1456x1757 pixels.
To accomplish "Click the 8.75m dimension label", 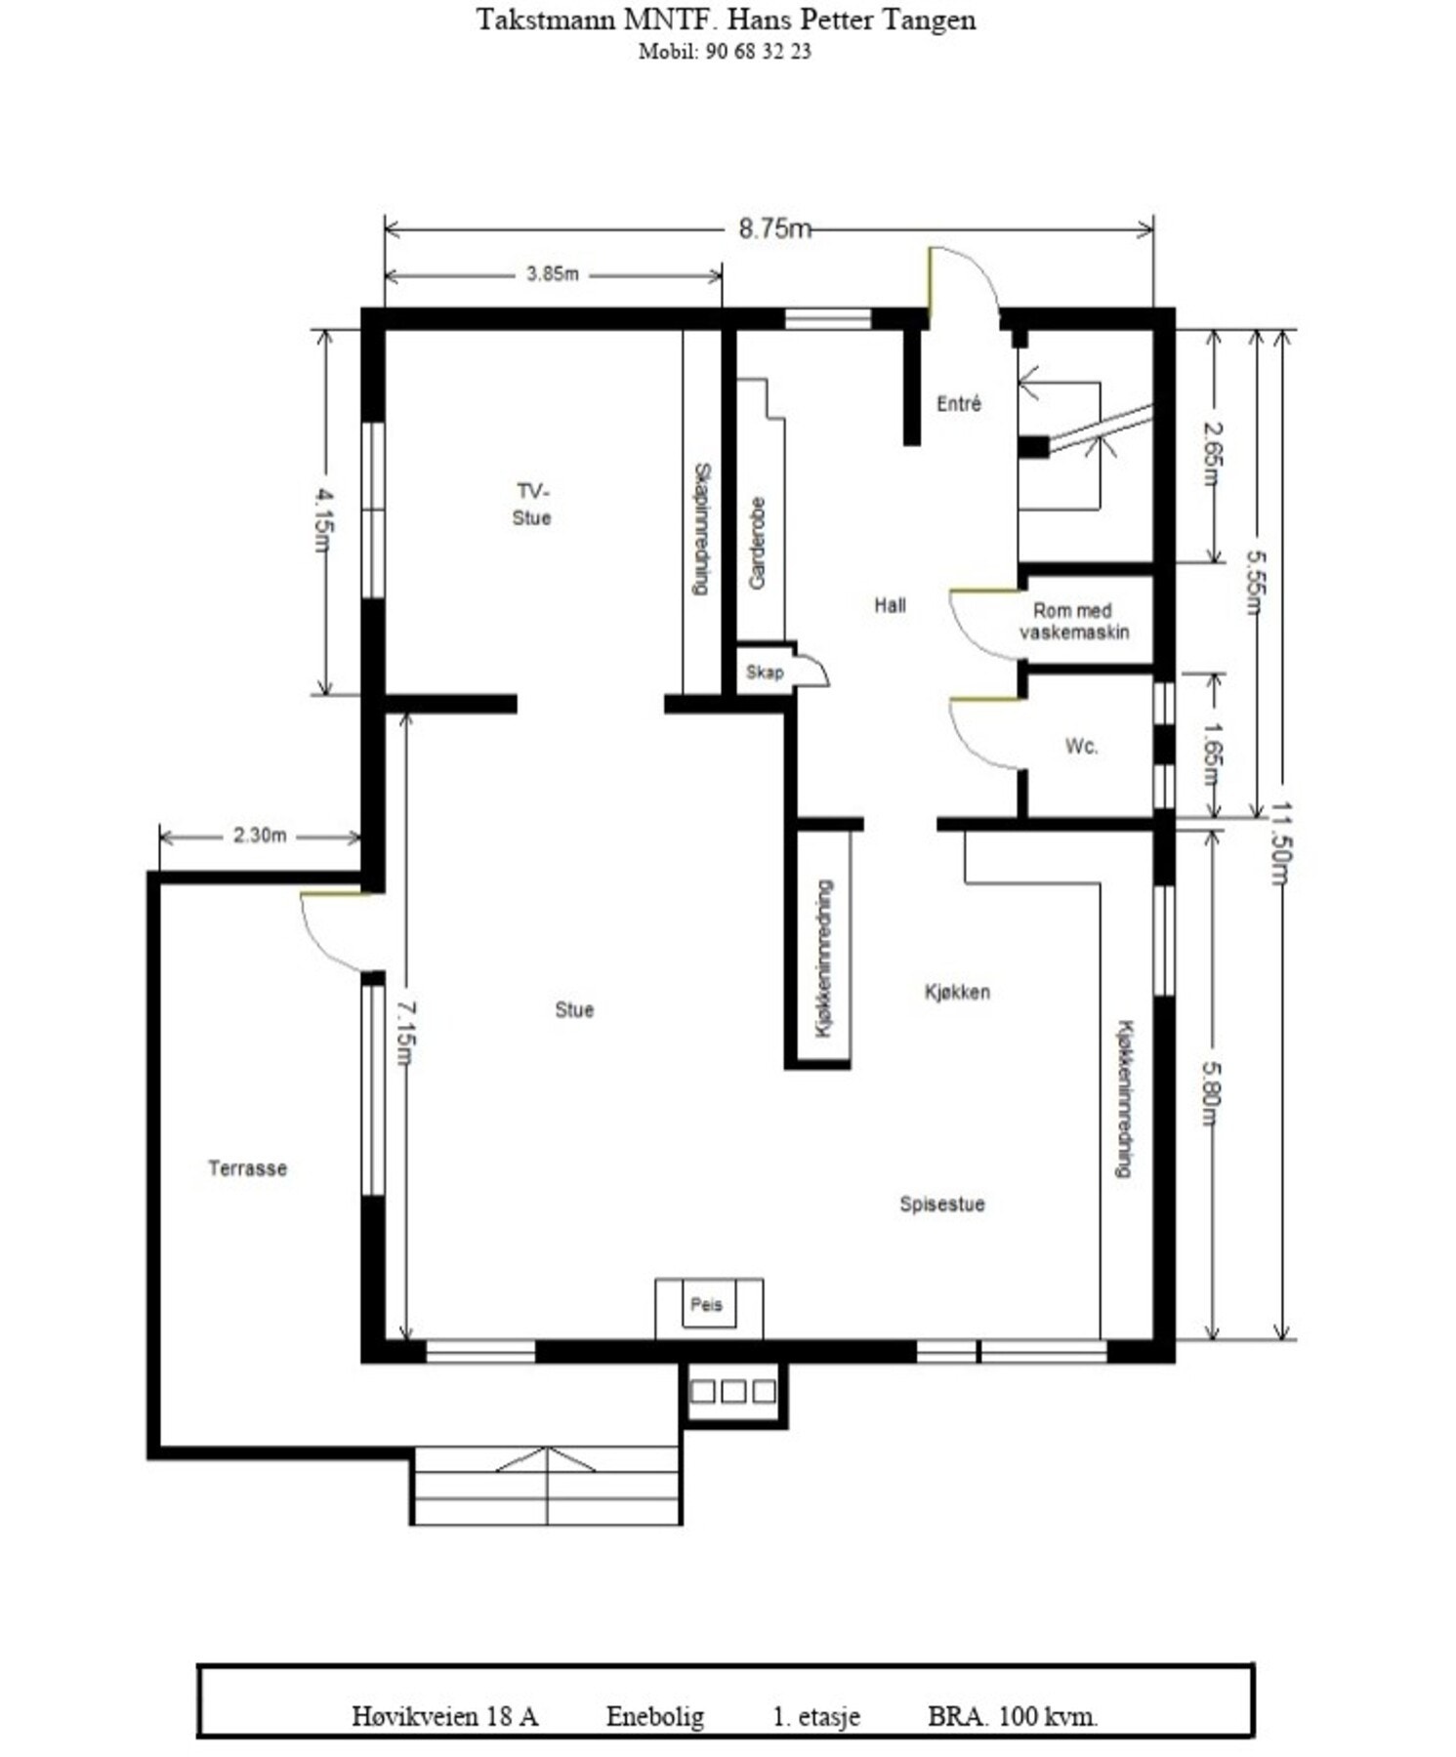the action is (774, 228).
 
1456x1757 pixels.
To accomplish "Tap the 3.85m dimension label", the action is (553, 274).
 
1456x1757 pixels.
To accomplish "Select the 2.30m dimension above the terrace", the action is (260, 836).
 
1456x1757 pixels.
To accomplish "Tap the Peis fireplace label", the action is (706, 1304).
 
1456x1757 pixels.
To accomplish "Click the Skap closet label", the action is (765, 672).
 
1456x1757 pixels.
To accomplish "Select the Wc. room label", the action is (1081, 747).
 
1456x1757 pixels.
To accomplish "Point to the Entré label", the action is (959, 403).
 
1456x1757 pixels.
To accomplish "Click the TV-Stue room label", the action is (532, 504).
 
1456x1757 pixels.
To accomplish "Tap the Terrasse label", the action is (248, 1168).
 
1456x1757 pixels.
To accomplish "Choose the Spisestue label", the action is (942, 1205).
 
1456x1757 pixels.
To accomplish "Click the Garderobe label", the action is (758, 544).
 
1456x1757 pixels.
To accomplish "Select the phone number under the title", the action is (725, 52).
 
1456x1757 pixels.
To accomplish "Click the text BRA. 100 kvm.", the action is (1013, 1716).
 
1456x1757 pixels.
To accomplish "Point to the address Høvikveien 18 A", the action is (445, 1716).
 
